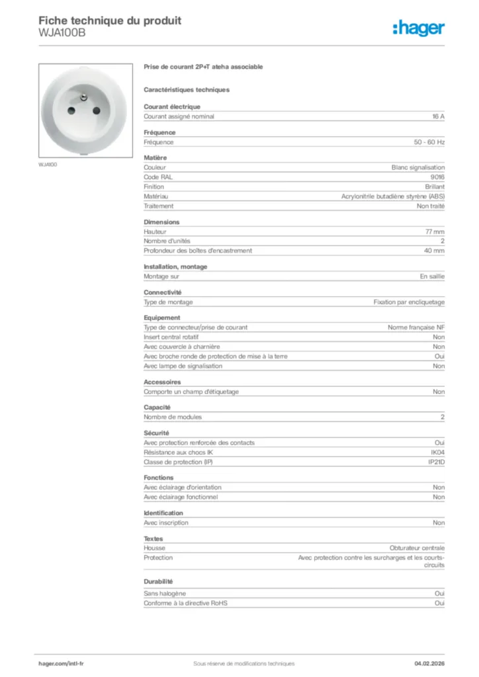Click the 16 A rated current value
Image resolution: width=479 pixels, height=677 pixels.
(438, 116)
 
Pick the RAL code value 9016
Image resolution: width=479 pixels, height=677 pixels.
(437, 177)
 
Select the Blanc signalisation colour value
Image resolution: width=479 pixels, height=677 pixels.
(418, 167)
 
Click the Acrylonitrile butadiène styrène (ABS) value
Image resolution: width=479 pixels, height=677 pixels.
(393, 196)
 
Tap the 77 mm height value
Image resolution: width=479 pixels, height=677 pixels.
(435, 232)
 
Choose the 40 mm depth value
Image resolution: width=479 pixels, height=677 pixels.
(435, 251)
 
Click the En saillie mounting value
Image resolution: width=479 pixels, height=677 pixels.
(432, 276)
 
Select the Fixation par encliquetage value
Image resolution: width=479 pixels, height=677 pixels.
(409, 302)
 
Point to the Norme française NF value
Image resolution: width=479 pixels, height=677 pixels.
(416, 327)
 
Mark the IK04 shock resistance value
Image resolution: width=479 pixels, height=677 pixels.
(437, 452)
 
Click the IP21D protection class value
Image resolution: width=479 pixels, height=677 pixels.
(436, 461)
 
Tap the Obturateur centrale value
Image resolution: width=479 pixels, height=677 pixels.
(417, 548)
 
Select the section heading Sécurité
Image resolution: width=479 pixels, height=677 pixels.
(157, 432)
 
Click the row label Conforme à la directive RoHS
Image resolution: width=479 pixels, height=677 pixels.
(185, 604)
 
